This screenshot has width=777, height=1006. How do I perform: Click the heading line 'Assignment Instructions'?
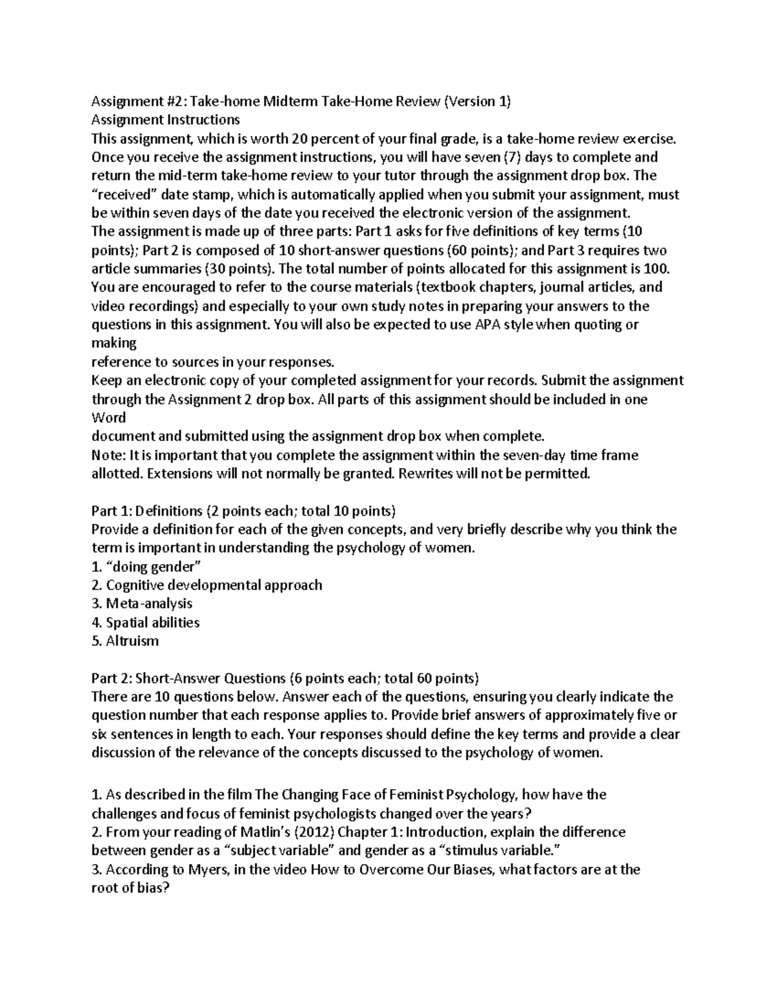(165, 120)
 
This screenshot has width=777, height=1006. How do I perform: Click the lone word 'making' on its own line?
(114, 343)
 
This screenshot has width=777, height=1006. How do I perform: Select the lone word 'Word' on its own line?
(108, 418)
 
